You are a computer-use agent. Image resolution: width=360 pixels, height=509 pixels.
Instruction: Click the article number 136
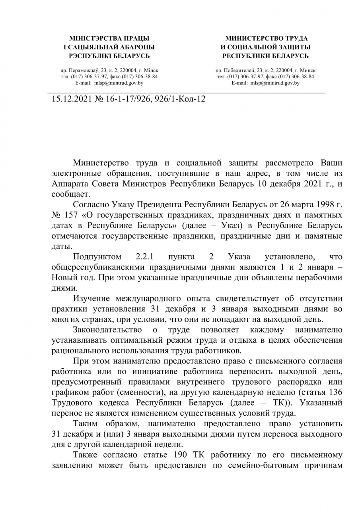(x=337, y=392)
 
